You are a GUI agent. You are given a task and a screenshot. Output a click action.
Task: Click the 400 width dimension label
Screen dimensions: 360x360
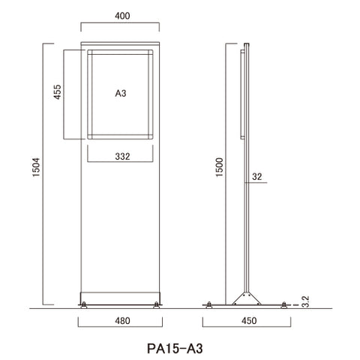pyautogui.click(x=122, y=16)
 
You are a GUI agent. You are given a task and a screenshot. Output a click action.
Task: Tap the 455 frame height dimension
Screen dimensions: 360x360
pyautogui.click(x=58, y=92)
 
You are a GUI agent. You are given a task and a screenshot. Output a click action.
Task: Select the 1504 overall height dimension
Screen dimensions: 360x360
pyautogui.click(x=36, y=167)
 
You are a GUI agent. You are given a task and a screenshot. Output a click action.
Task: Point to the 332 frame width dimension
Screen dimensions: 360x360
pyautogui.click(x=122, y=157)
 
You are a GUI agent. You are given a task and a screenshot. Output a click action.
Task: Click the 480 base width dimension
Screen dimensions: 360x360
pyautogui.click(x=122, y=321)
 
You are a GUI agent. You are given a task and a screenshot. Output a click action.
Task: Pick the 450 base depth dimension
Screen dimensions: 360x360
pyautogui.click(x=249, y=321)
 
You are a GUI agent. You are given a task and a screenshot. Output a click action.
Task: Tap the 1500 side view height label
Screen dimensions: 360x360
pyautogui.click(x=219, y=167)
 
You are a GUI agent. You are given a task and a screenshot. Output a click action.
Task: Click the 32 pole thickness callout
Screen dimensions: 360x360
pyautogui.click(x=257, y=177)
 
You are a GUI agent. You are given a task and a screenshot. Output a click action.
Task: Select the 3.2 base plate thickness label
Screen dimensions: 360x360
pyautogui.click(x=305, y=301)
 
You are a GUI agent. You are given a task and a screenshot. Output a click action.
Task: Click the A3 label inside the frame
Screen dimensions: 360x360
pyautogui.click(x=121, y=93)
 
